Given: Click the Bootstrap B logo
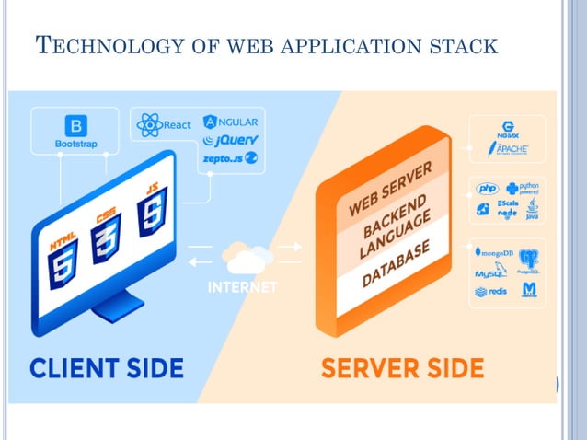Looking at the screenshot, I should (x=75, y=126).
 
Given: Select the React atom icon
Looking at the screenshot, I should (x=149, y=124).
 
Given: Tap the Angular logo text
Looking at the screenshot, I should (x=231, y=122).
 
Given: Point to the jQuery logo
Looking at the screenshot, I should (x=231, y=141).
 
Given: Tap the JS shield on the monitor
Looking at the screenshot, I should (x=151, y=209).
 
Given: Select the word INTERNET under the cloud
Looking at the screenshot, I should (x=242, y=287).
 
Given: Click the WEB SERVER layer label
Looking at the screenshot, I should (x=386, y=193).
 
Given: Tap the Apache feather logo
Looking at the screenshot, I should (x=507, y=148).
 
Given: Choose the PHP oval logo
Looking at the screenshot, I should (x=486, y=189).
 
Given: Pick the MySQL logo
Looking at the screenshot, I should (x=489, y=273).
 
